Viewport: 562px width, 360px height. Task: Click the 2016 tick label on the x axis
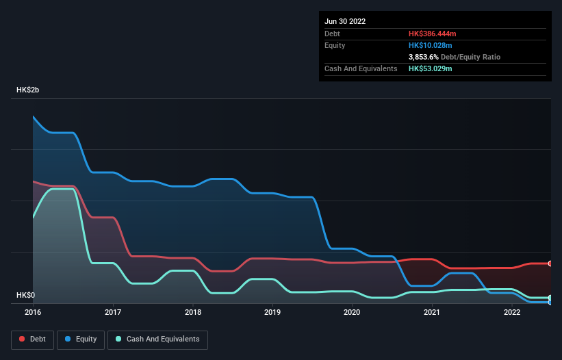coord(33,312)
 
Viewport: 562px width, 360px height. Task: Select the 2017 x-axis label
coord(113,312)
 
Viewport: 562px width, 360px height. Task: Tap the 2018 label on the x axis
coord(192,312)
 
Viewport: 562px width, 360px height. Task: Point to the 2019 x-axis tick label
coord(272,312)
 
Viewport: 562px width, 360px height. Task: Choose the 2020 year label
coord(352,312)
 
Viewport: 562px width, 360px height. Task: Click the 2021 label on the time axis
coord(432,312)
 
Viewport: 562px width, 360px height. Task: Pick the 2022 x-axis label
coord(511,312)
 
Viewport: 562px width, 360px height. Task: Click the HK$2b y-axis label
coord(27,90)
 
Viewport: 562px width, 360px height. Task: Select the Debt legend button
coord(31,339)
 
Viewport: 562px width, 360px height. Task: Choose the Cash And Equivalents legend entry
coord(157,339)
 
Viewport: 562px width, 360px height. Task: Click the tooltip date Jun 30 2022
coord(345,21)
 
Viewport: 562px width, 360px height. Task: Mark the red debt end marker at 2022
coord(550,263)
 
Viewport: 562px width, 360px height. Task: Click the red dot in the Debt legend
coord(23,339)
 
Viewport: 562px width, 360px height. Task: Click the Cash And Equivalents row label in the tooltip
coord(361,68)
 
